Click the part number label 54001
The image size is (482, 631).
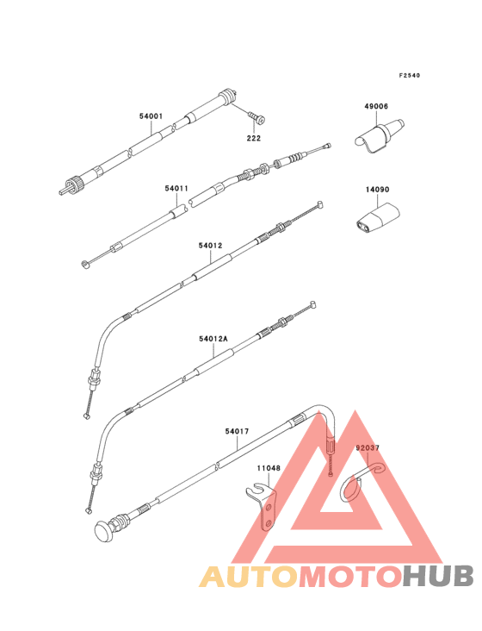(151, 116)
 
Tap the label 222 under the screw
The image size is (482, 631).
(253, 138)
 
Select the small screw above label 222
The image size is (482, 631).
(257, 117)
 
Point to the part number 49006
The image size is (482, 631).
(376, 106)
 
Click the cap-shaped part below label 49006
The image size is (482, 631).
(380, 135)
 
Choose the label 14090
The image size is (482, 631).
(377, 189)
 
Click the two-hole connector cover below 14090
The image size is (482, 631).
(377, 219)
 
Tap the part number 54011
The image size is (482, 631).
(176, 188)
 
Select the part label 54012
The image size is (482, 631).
(210, 245)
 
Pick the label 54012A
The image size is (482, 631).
(213, 339)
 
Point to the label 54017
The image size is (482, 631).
(237, 431)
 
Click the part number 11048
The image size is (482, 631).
(269, 468)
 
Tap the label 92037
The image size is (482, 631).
(368, 447)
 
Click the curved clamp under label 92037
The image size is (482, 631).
(361, 482)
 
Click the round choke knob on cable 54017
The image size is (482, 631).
(104, 531)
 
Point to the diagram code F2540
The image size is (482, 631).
(410, 75)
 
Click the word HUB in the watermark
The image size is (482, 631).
(439, 576)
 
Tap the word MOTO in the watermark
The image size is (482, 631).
(350, 576)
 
